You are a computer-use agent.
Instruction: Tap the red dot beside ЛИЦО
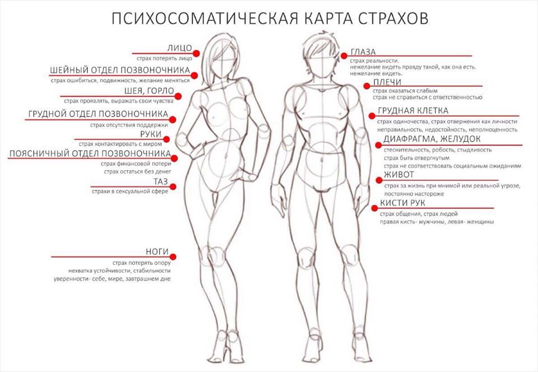196,53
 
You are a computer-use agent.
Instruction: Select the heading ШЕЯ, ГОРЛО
150,91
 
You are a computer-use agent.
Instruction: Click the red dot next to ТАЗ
173,187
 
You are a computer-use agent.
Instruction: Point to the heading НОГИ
157,252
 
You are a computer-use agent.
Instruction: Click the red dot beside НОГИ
173,257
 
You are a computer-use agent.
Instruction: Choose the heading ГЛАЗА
363,52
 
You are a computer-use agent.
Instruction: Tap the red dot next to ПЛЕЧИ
367,86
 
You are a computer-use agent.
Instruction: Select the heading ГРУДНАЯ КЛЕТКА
413,111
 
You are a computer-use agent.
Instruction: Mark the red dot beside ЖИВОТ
379,180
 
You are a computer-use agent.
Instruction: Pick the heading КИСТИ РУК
402,203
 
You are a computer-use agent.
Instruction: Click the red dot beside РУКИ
166,139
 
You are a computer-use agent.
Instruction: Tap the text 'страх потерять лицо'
164,59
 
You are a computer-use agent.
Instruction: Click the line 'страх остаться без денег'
137,171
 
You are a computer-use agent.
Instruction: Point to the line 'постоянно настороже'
414,194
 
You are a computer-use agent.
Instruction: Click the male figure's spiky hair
318,43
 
